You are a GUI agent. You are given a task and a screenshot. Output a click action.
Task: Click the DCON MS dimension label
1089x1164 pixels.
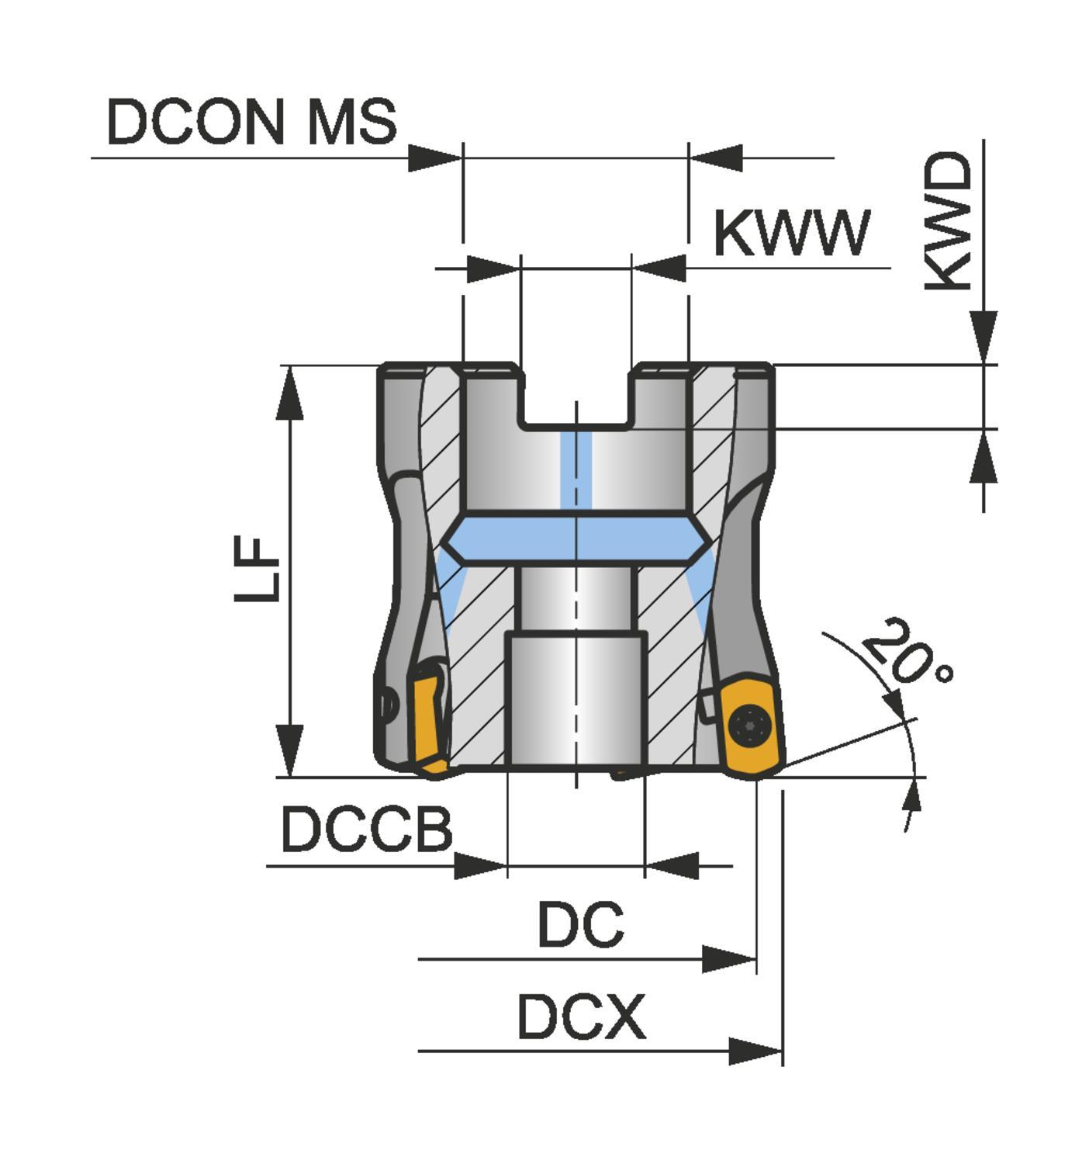point(251,122)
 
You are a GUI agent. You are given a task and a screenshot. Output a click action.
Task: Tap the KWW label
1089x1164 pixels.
point(791,234)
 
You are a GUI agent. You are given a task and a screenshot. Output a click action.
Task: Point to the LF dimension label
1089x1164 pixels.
point(258,570)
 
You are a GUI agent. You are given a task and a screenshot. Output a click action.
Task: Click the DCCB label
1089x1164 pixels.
point(367,829)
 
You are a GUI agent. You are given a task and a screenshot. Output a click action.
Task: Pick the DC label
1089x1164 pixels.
point(580,924)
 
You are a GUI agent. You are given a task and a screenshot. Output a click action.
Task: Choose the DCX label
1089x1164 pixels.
point(581,1017)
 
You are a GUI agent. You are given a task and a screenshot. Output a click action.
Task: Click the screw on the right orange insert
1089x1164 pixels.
point(750,726)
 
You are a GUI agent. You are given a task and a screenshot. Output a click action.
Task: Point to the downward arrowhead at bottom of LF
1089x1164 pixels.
point(289,750)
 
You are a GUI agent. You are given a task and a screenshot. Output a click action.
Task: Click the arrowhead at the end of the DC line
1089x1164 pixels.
point(728,959)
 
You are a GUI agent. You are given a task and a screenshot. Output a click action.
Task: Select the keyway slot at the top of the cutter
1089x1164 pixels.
point(577,396)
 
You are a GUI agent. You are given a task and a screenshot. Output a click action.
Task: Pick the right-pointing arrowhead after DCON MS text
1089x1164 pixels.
point(435,158)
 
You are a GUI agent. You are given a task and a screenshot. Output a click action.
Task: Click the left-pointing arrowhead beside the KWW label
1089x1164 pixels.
point(659,268)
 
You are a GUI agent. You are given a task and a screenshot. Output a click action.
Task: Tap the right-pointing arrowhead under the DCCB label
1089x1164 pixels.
point(480,865)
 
